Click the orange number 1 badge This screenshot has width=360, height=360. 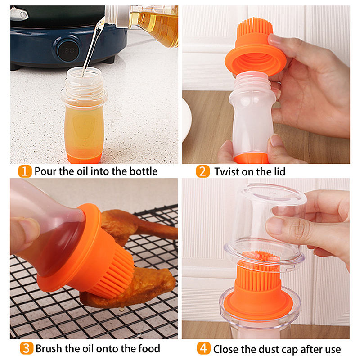click(25, 171)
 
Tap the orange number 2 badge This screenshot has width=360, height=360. click(203, 171)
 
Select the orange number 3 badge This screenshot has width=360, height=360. click(27, 348)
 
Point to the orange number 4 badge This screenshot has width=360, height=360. click(204, 348)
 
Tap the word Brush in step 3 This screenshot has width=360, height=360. click(49, 348)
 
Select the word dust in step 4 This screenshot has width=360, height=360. click(266, 349)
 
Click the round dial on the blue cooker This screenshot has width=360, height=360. click(68, 50)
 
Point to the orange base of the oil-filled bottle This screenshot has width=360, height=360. click(84, 158)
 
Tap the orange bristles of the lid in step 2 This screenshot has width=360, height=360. click(255, 27)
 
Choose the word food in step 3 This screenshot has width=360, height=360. click(149, 348)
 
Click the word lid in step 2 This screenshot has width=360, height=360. click(279, 171)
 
